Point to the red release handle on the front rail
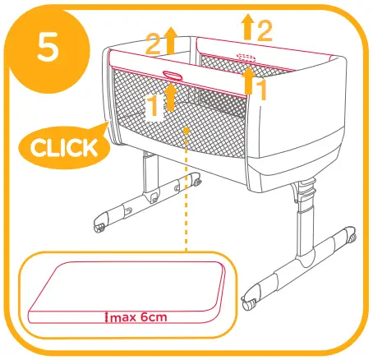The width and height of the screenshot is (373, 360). (173, 76)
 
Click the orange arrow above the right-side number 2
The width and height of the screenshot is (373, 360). (247, 26)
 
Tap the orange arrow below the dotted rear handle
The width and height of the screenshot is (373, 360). (248, 81)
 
